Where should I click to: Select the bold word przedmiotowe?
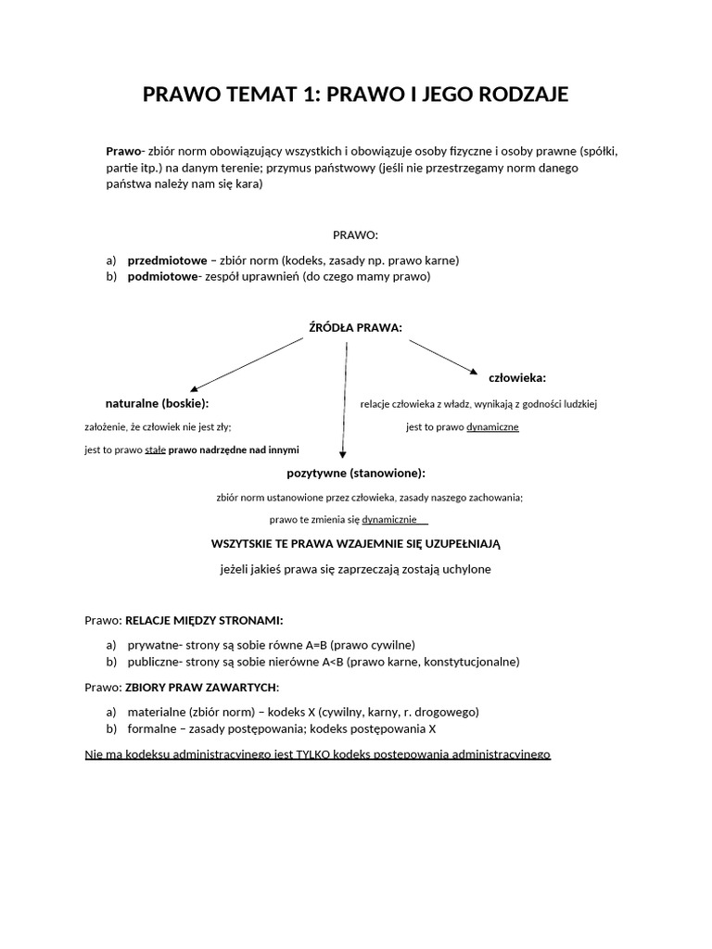(x=167, y=260)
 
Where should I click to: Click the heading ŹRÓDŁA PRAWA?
(x=355, y=327)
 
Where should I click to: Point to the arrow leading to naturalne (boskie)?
(x=246, y=363)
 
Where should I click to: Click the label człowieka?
(x=516, y=378)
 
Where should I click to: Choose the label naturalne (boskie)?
(x=157, y=404)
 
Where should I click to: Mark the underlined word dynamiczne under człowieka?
(x=492, y=427)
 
